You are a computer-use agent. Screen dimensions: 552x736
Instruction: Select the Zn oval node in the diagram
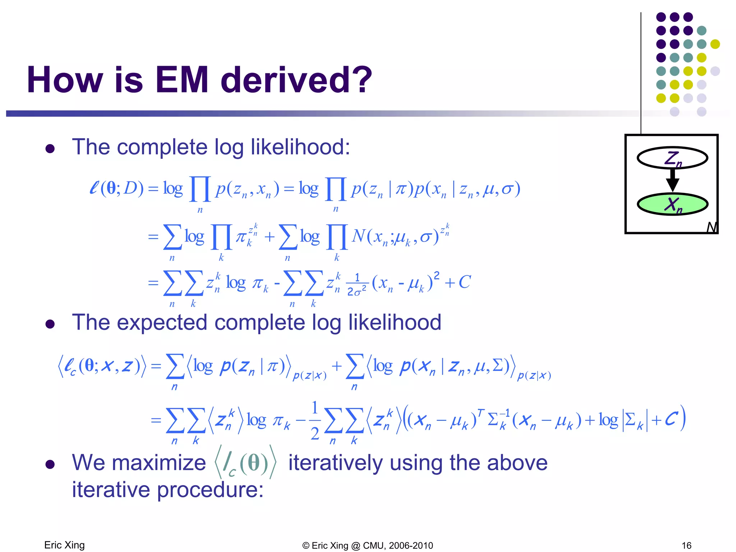(x=672, y=158)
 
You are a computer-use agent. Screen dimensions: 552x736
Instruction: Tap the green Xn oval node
(x=672, y=204)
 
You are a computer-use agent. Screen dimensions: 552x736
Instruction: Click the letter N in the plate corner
(x=711, y=227)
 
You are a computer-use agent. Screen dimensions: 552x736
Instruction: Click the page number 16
(x=686, y=546)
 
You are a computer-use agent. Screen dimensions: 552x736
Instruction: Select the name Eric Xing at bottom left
(x=64, y=545)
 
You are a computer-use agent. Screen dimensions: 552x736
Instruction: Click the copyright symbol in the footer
(x=306, y=546)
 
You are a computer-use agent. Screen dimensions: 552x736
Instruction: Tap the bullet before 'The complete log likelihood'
(x=50, y=149)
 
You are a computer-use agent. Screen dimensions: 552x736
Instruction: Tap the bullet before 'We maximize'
(x=50, y=464)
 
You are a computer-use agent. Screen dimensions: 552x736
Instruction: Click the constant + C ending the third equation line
(x=458, y=282)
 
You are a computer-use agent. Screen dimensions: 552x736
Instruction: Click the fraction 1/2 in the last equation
(x=315, y=420)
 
